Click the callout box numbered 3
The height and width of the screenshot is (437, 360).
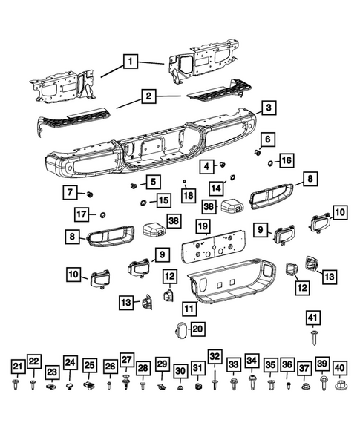pos(269,108)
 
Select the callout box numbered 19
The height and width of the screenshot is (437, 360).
pos(203,226)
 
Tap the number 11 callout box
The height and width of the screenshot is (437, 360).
pos(189,309)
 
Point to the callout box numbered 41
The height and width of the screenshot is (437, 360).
pos(313,318)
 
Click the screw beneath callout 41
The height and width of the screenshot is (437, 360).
pos(314,338)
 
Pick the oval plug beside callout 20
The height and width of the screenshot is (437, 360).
pos(180,329)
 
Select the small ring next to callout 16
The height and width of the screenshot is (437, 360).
pos(270,163)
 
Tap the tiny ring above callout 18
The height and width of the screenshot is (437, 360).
pos(184,181)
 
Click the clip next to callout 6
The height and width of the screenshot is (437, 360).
pos(258,152)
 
